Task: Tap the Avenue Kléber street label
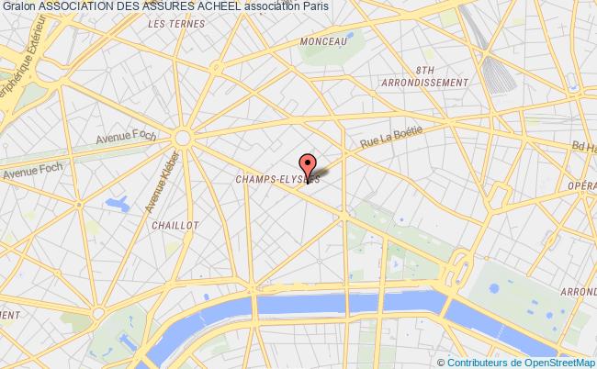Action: (x=156, y=184)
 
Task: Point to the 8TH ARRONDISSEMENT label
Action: (x=424, y=75)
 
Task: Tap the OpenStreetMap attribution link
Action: (x=560, y=362)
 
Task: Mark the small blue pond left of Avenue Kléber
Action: (x=118, y=201)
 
